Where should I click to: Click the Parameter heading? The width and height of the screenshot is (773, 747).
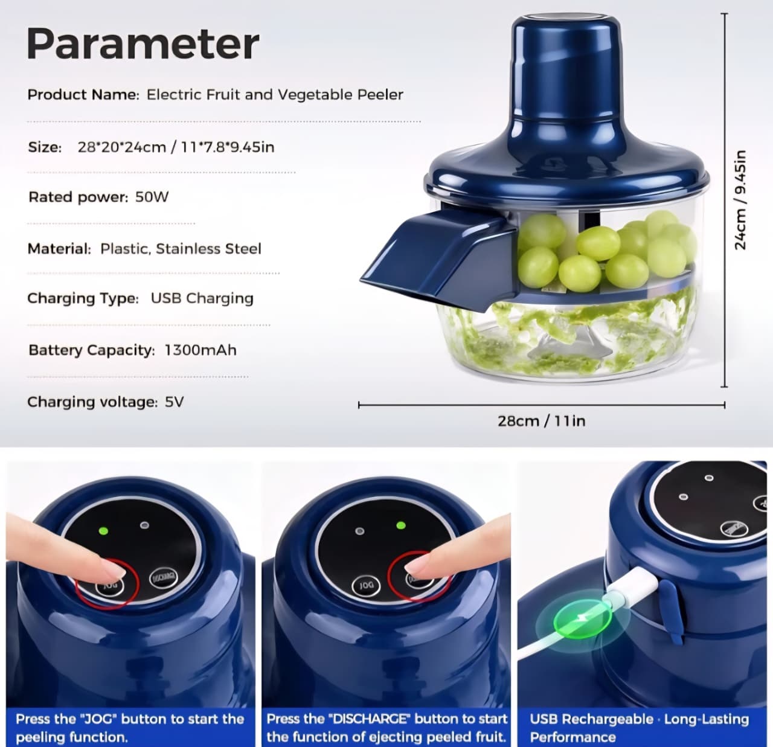point(143,43)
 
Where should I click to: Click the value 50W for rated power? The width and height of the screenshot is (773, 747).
point(152,197)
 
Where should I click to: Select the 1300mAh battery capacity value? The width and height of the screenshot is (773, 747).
point(200,350)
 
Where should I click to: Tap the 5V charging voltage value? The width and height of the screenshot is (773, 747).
point(174,402)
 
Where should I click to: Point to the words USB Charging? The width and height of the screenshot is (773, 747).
point(202,298)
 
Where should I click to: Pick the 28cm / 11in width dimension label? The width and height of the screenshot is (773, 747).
point(541,421)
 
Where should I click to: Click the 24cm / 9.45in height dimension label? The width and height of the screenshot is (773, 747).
point(740,199)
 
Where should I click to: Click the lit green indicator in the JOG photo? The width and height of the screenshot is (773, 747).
point(103,531)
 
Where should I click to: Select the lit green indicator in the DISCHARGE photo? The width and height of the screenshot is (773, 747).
point(400,525)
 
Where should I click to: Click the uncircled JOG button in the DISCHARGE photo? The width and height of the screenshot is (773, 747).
point(366,585)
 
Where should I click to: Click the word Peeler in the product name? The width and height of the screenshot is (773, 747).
point(380,95)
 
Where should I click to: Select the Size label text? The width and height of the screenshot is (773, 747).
point(45,147)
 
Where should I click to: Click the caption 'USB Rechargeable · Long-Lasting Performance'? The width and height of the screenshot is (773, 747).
point(639,728)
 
